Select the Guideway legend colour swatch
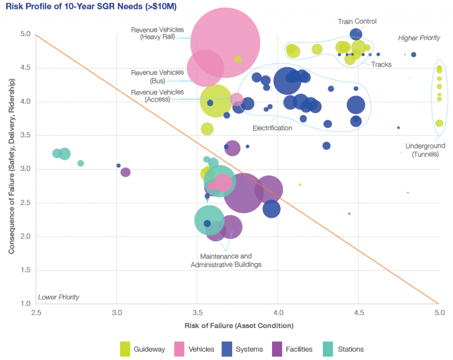click(x=125, y=349)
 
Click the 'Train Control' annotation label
click(x=357, y=21)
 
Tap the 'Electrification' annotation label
click(x=272, y=128)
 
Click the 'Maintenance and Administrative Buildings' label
click(x=226, y=260)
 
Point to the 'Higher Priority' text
click(x=419, y=38)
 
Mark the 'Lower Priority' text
click(x=58, y=297)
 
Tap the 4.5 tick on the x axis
click(x=358, y=312)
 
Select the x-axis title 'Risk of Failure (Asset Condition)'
click(x=239, y=326)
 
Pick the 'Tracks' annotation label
click(x=381, y=65)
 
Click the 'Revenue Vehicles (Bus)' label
click(x=157, y=77)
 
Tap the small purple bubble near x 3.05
click(x=126, y=172)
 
